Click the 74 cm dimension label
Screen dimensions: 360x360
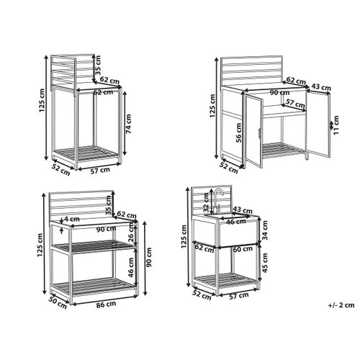coord(129,124)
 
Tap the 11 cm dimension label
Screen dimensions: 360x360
coord(336,125)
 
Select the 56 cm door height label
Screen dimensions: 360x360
coord(238,132)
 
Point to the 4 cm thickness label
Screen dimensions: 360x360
coord(72,219)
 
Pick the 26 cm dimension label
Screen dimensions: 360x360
coord(131,233)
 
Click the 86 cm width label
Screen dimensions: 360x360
coord(106,305)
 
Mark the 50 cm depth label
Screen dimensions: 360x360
coord(58,303)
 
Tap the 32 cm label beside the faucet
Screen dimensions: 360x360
coord(206,202)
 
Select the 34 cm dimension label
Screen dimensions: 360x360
coord(265,230)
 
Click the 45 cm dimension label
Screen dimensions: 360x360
coord(265,263)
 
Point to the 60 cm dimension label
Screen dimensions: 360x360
coord(243,250)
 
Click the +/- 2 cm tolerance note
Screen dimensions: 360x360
coord(341,305)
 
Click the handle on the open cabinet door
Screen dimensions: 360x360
coord(260,133)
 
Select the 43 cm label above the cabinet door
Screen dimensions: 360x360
coord(321,87)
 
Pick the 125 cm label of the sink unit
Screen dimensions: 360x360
coord(184,236)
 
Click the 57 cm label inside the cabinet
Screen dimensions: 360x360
coord(295,104)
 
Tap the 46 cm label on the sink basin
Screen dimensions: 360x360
coord(236,222)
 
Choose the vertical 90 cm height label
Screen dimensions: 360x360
coord(149,258)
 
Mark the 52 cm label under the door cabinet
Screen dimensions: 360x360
coord(229,168)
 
